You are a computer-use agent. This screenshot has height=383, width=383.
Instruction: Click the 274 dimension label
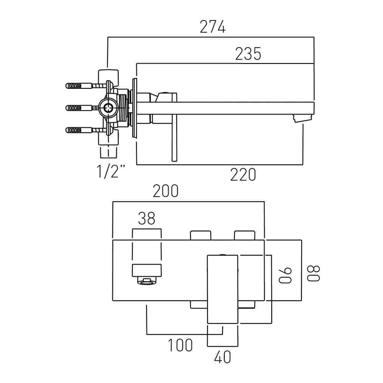pos(213,27)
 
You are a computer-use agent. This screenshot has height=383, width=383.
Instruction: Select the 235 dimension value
pos(248,54)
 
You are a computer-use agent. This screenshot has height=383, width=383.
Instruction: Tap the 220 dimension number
pos(243,175)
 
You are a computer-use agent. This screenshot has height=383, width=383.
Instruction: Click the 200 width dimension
pos(165,191)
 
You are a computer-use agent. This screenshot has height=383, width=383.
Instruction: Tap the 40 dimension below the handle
pos(223,358)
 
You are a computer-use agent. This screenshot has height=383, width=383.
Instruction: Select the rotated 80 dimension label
pos(313,272)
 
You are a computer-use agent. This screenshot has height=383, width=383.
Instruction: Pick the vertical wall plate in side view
pos(134,108)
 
